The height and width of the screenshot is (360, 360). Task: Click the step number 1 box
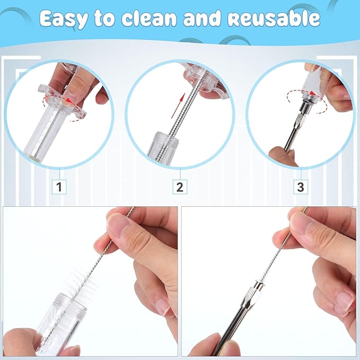click(59, 187)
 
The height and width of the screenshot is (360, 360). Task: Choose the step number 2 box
click(180, 187)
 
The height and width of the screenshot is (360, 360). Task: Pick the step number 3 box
click(301, 187)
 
